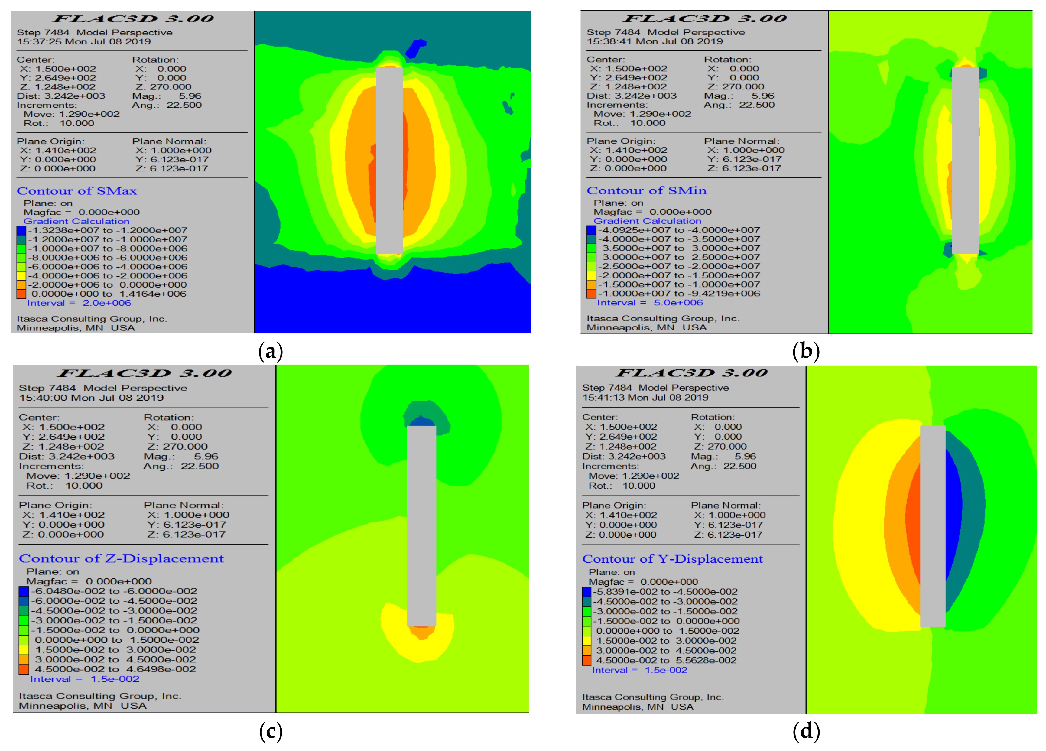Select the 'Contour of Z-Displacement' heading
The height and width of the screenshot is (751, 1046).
(x=121, y=559)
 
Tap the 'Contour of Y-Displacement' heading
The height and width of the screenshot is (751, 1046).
(x=672, y=559)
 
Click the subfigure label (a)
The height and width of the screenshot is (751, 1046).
(x=271, y=352)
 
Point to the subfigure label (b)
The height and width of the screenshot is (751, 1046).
(x=806, y=352)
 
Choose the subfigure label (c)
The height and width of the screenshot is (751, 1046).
(x=271, y=732)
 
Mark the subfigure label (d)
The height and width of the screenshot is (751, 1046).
(x=806, y=732)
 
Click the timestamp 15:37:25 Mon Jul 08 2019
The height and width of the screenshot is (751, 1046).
(x=84, y=41)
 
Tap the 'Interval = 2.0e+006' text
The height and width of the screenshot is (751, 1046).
(x=79, y=303)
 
